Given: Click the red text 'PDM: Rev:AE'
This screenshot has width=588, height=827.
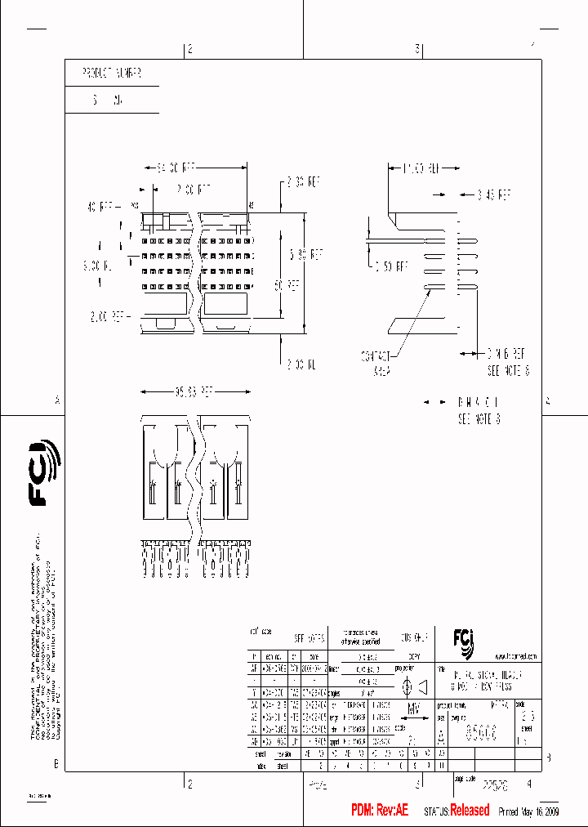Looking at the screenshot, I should [379, 810].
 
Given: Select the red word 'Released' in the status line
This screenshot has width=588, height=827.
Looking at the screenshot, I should [470, 810].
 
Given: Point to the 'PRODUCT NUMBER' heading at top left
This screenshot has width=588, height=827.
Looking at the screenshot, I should [112, 74].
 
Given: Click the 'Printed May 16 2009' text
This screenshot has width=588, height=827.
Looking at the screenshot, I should [528, 811].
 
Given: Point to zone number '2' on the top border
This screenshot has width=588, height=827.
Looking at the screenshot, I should [189, 50].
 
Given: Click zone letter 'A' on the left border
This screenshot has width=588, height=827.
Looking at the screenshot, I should [57, 400].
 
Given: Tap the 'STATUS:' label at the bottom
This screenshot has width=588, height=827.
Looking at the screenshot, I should [436, 811].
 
